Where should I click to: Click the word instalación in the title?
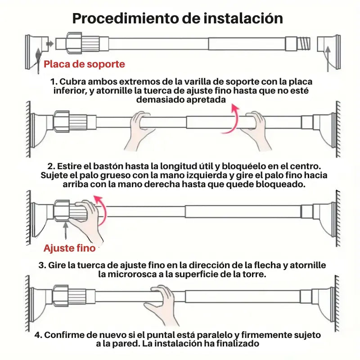tap(243, 18)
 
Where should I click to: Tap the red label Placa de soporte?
tap(84, 64)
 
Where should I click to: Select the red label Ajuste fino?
tap(69, 248)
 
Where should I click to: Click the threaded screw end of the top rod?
tap(304, 43)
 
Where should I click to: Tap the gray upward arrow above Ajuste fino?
tap(66, 230)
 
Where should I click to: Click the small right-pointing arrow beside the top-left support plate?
tap(50, 44)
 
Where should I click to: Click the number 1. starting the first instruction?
tap(54, 82)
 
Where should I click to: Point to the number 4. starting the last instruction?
tap(38, 335)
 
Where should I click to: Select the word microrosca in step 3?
tap(132, 274)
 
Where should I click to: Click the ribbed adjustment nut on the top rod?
tap(83, 43)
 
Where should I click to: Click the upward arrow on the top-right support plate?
tap(328, 58)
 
